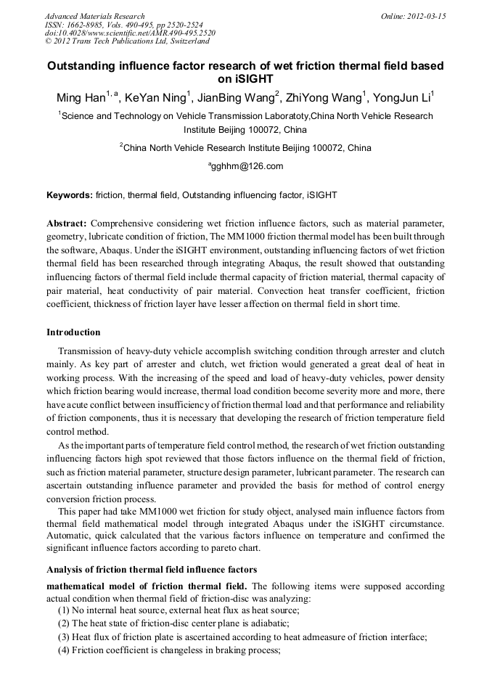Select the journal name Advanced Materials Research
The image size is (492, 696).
click(x=94, y=15)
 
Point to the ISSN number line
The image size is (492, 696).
click(x=117, y=24)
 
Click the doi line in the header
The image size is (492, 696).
click(x=130, y=33)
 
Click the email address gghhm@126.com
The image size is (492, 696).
click(x=247, y=166)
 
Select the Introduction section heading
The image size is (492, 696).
click(x=73, y=332)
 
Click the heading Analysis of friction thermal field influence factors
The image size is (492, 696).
click(x=151, y=569)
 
